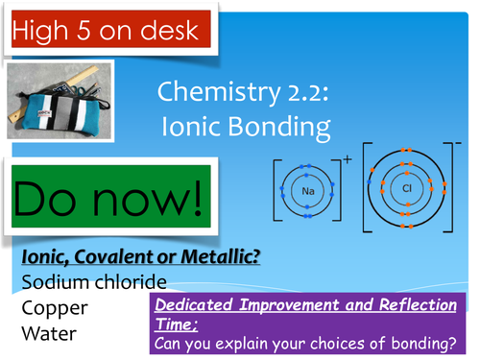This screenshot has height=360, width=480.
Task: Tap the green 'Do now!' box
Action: click(x=108, y=200)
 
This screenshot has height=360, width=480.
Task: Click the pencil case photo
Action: click(x=60, y=103)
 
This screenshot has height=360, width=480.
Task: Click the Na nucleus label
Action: click(x=307, y=191)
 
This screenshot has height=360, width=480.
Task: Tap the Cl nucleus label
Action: click(x=406, y=188)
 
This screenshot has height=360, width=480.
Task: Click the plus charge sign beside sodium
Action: click(x=347, y=159)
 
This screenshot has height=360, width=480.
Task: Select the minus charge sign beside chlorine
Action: click(x=459, y=144)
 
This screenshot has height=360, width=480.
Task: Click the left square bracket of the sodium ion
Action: click(x=276, y=191)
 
